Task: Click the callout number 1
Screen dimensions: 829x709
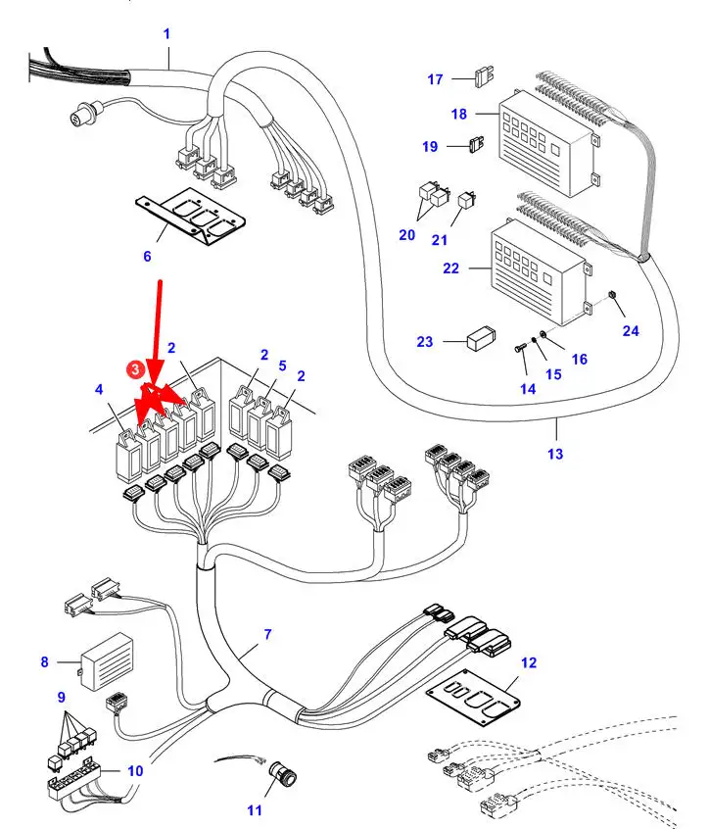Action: [x=166, y=33]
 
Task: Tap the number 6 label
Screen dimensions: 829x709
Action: [x=147, y=256]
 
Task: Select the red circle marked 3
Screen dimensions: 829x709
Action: [x=134, y=368]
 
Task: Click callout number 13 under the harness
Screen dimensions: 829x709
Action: [x=555, y=454]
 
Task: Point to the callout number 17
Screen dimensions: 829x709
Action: [x=436, y=79]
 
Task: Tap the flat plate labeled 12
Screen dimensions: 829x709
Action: [x=474, y=695]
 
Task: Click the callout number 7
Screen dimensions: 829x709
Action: [x=266, y=635]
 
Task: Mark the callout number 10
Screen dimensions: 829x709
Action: [x=135, y=770]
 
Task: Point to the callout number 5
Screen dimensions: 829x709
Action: [x=282, y=366]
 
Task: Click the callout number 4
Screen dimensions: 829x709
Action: [x=98, y=390]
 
